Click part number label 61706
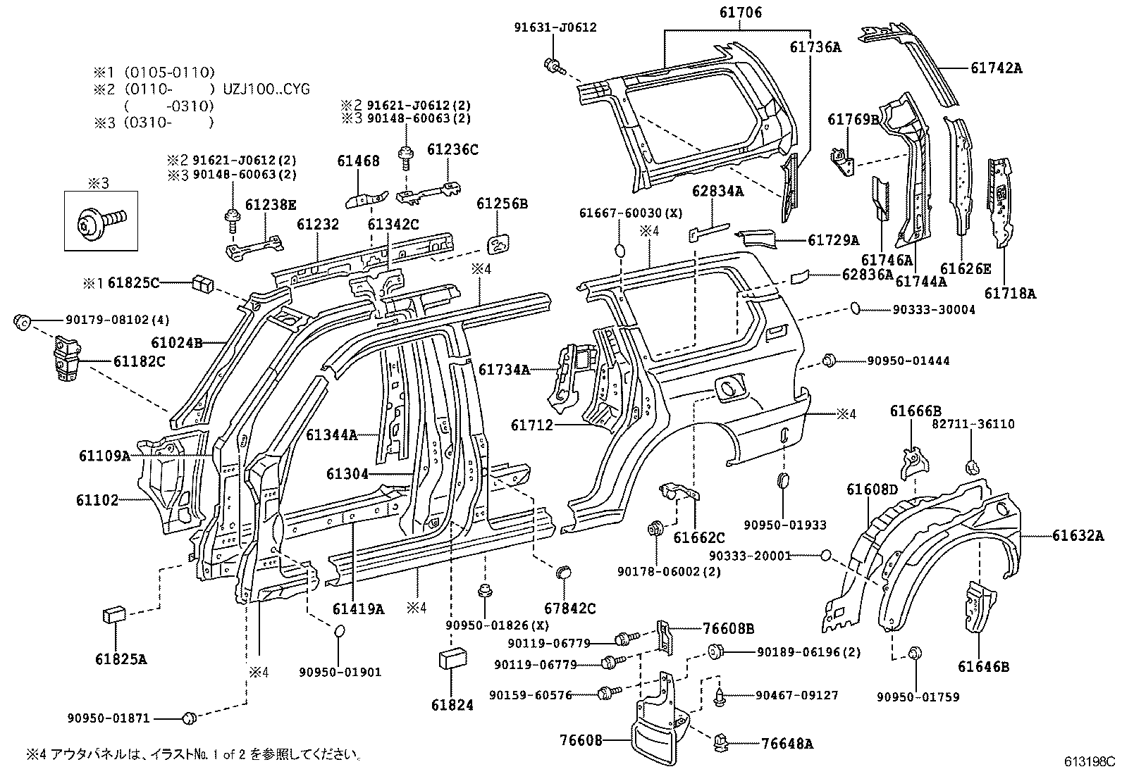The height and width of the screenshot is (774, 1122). tap(741, 12)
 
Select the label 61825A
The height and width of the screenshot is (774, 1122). tap(121, 660)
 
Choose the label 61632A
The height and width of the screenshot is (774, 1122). tap(1078, 536)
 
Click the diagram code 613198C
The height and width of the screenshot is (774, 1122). tap(1090, 761)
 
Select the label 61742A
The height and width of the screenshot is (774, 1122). tap(996, 68)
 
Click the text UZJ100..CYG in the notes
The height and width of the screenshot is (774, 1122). tap(266, 89)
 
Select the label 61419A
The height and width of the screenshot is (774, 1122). tap(359, 609)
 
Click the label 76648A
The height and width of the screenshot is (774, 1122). tap(787, 743)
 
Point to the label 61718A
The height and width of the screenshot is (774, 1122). tap(1010, 293)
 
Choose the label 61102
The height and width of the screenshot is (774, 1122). tap(98, 500)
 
